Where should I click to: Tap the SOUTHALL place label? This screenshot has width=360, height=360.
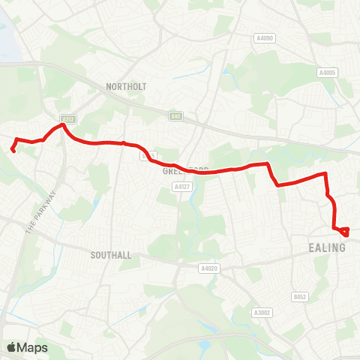[111, 255]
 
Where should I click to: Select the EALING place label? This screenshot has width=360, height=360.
[327, 247]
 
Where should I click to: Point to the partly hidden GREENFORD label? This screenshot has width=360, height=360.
[184, 170]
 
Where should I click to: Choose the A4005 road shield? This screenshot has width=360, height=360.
[326, 73]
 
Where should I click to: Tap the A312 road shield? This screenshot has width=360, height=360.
[68, 118]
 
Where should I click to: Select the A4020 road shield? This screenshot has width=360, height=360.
[208, 267]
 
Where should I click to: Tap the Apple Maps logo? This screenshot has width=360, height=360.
[26, 347]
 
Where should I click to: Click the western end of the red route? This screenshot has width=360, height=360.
[13, 150]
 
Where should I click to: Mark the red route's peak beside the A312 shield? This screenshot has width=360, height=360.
[63, 125]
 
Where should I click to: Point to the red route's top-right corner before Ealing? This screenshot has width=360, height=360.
[325, 175]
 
